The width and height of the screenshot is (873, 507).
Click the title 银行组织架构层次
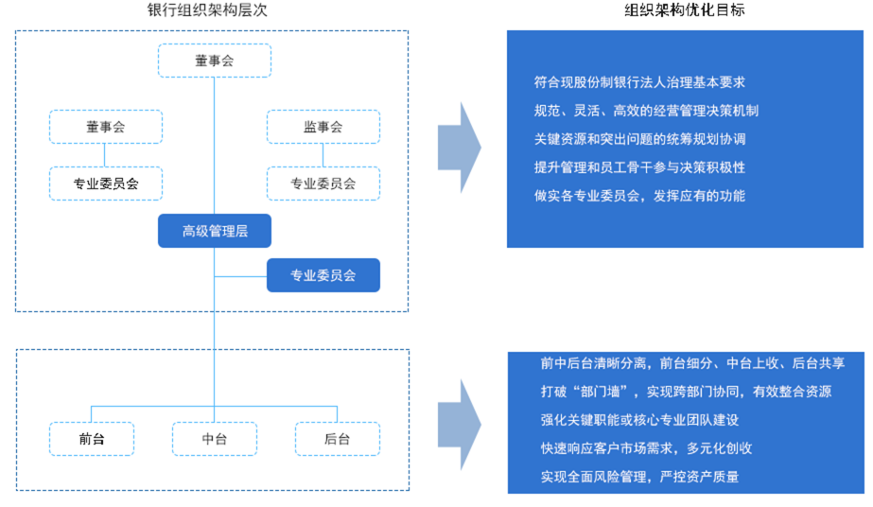207,10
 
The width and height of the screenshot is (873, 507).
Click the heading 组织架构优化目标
684,10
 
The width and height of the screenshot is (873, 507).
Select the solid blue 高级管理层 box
215,231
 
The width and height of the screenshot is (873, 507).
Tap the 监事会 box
323,127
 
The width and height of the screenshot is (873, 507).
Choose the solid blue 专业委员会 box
323,275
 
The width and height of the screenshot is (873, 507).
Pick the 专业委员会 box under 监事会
323,184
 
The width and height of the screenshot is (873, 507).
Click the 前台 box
92,439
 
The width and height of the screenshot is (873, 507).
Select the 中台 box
215,439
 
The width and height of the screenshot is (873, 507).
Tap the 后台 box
338,439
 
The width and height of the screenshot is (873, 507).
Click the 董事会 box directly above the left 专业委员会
106,127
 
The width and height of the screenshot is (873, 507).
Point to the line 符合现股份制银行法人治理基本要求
639,82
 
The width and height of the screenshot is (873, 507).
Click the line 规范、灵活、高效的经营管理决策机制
646,111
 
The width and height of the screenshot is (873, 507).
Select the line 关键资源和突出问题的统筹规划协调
639,139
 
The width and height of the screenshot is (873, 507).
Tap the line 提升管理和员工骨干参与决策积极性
639,167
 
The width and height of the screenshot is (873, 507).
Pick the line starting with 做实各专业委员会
639,196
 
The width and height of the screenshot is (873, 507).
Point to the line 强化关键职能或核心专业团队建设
639,420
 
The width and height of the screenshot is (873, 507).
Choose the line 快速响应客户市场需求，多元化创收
646,448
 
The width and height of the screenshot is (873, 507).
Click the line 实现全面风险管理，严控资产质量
639,477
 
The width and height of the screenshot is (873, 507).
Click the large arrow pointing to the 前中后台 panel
460,426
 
